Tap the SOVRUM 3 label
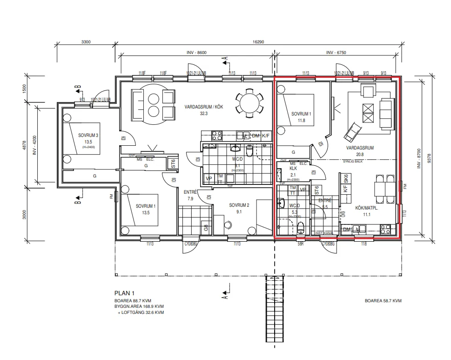point(88,136)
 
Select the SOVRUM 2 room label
point(239,205)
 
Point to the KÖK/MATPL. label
point(367,208)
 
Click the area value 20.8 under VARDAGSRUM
point(360,154)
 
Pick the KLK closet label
point(293,169)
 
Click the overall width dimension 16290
point(258,42)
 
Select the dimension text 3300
point(86,42)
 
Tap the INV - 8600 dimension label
point(195,53)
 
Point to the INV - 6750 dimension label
point(336,53)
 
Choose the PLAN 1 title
point(124,293)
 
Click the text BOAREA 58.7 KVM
point(383,301)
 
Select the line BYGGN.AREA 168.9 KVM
point(139,306)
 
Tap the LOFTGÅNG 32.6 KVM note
point(140,312)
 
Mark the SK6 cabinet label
point(346,179)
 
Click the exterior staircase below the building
point(274,308)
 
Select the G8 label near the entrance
point(205,228)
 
